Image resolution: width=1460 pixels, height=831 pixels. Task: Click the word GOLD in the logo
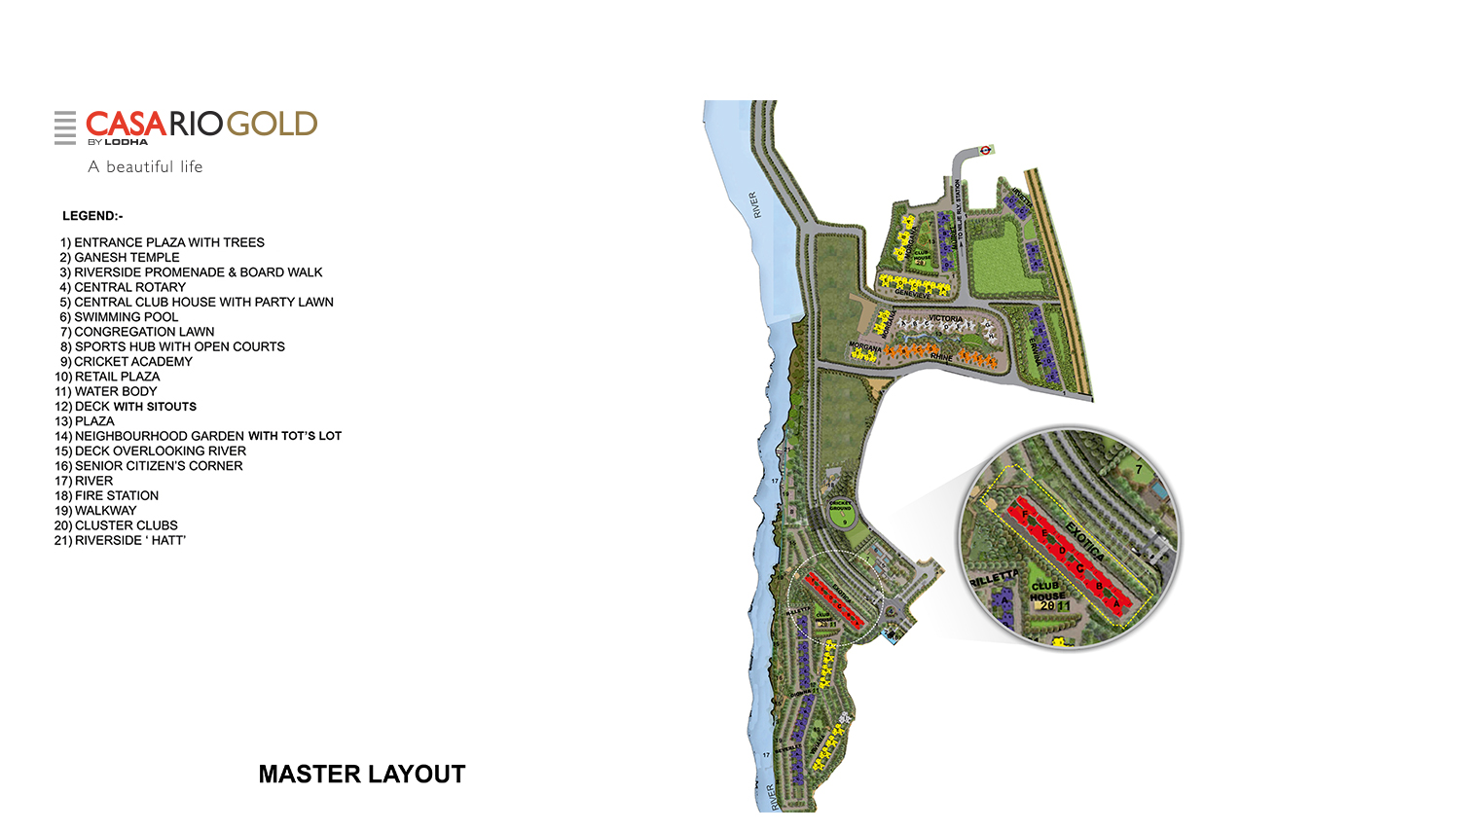pos(272,125)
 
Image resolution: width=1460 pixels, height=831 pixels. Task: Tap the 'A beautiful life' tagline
pos(145,166)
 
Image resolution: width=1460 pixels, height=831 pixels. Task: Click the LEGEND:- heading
pos(92,216)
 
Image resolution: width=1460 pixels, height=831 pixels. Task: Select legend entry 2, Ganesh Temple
pos(120,258)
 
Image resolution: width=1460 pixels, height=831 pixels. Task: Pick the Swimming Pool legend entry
pos(119,317)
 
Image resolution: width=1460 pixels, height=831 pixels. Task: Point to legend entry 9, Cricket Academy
pos(126,362)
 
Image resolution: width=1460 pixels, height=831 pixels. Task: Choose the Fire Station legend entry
pos(106,495)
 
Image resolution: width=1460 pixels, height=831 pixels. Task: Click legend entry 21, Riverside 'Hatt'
pos(120,540)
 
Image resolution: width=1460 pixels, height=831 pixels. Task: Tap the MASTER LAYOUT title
pos(362,774)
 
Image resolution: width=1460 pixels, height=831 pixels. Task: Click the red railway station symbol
pos(986,150)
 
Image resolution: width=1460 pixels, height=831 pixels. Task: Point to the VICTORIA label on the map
pos(945,319)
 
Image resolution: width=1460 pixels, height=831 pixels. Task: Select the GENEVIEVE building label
pos(913,294)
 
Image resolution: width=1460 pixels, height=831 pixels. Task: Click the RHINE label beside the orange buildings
pos(941,357)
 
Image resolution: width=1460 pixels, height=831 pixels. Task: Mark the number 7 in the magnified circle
pos(1138,470)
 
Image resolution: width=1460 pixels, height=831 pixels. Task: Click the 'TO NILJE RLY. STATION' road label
pos(958,209)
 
